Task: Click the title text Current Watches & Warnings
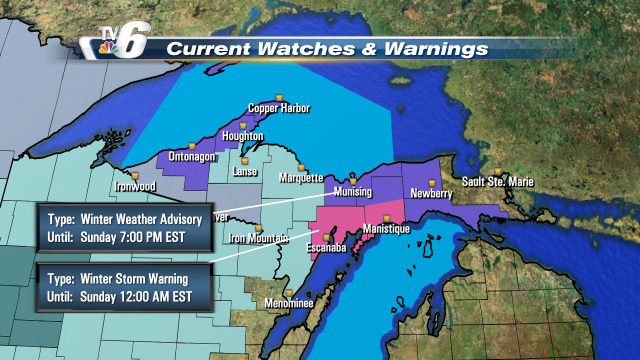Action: click(x=327, y=48)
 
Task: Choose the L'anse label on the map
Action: click(x=246, y=171)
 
